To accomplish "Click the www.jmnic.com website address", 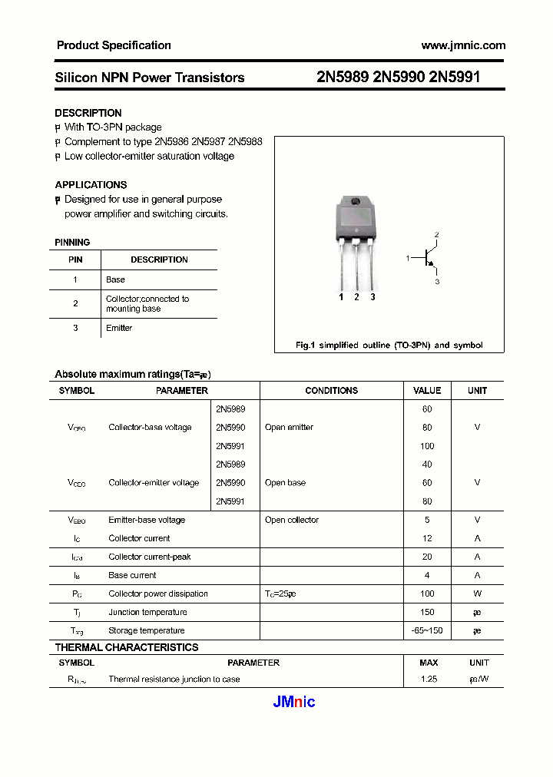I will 463,45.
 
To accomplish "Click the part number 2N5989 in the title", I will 343,78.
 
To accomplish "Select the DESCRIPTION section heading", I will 88,113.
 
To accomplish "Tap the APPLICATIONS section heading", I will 91,185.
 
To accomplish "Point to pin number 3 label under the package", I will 373,296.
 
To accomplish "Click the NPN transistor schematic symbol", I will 428,259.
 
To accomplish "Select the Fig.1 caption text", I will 389,346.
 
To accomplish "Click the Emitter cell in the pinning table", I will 119,328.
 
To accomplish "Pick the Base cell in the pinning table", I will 115,279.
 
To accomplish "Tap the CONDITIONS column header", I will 331,391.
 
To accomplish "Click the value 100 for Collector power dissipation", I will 427,593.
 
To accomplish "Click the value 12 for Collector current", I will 427,538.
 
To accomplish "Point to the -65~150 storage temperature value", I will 427,630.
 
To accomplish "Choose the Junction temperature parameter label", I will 147,612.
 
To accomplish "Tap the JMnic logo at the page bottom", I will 294,702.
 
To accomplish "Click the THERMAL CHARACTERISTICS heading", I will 127,647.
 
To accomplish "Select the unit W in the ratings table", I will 477,593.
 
